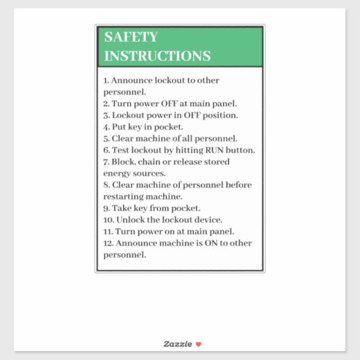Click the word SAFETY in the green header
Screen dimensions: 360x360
click(130, 38)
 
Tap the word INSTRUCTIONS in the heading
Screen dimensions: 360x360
click(157, 56)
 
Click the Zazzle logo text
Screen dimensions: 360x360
click(178, 344)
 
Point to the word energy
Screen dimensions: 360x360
click(116, 173)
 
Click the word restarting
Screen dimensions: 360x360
click(123, 196)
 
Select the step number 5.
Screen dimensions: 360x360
click(105, 139)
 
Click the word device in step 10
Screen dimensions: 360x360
click(209, 219)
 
